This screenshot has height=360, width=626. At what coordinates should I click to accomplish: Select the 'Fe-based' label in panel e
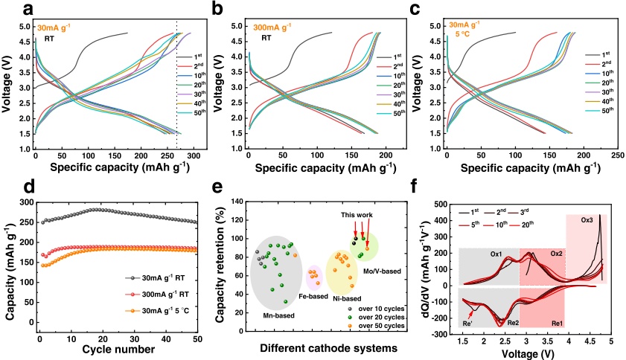click(x=313, y=296)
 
